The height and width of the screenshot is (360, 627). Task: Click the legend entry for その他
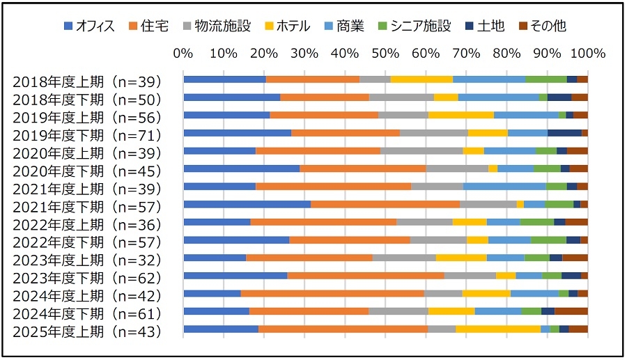540,26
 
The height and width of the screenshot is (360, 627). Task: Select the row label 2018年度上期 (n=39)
86,80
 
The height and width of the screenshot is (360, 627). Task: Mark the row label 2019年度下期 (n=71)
86,134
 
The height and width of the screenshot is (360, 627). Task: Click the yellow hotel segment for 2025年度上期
498,329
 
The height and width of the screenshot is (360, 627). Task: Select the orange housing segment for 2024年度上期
332,294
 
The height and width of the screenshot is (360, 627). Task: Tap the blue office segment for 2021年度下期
247,204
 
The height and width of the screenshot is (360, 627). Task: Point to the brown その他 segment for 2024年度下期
571,311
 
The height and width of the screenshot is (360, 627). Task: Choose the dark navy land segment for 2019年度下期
564,132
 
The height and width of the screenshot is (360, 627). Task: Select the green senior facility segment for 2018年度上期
545,79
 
